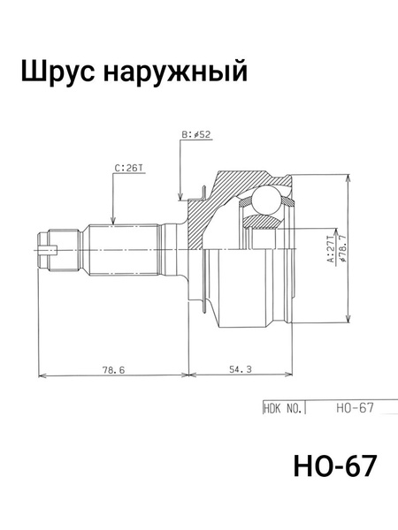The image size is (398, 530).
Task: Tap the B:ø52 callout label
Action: [x=196, y=135]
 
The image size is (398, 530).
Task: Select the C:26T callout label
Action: [x=129, y=165]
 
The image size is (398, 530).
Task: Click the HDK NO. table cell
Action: [x=283, y=409]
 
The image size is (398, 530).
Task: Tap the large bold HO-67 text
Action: [x=333, y=466]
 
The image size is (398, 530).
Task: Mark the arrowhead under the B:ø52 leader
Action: [x=180, y=195]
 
